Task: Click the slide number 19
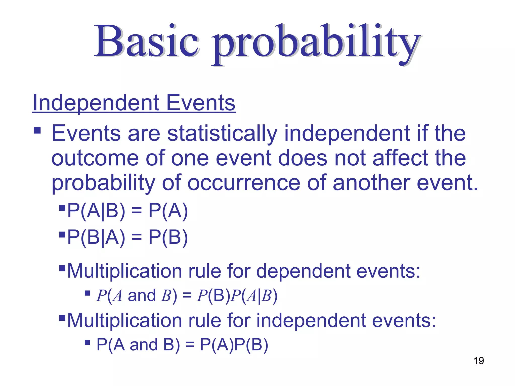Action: (479, 361)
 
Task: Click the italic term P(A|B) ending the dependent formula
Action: (254, 296)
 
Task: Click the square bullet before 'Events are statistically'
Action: (37, 130)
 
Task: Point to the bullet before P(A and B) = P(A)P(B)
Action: (88, 342)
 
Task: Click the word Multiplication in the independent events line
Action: (125, 320)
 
